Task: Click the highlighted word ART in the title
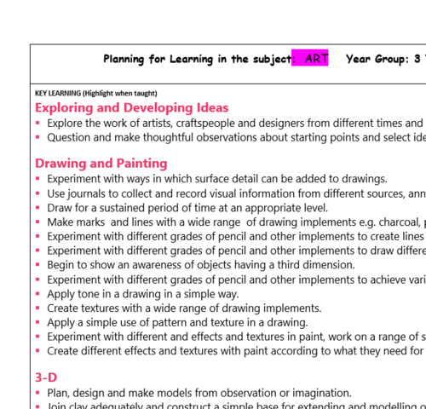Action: point(311,59)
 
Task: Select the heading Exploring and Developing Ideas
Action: point(131,108)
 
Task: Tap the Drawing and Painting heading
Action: point(101,163)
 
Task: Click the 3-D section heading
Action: point(46,376)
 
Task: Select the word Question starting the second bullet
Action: point(71,136)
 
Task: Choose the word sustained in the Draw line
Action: point(123,207)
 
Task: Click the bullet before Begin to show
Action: point(38,265)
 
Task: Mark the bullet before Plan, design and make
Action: point(38,393)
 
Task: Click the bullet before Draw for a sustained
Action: point(38,208)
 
